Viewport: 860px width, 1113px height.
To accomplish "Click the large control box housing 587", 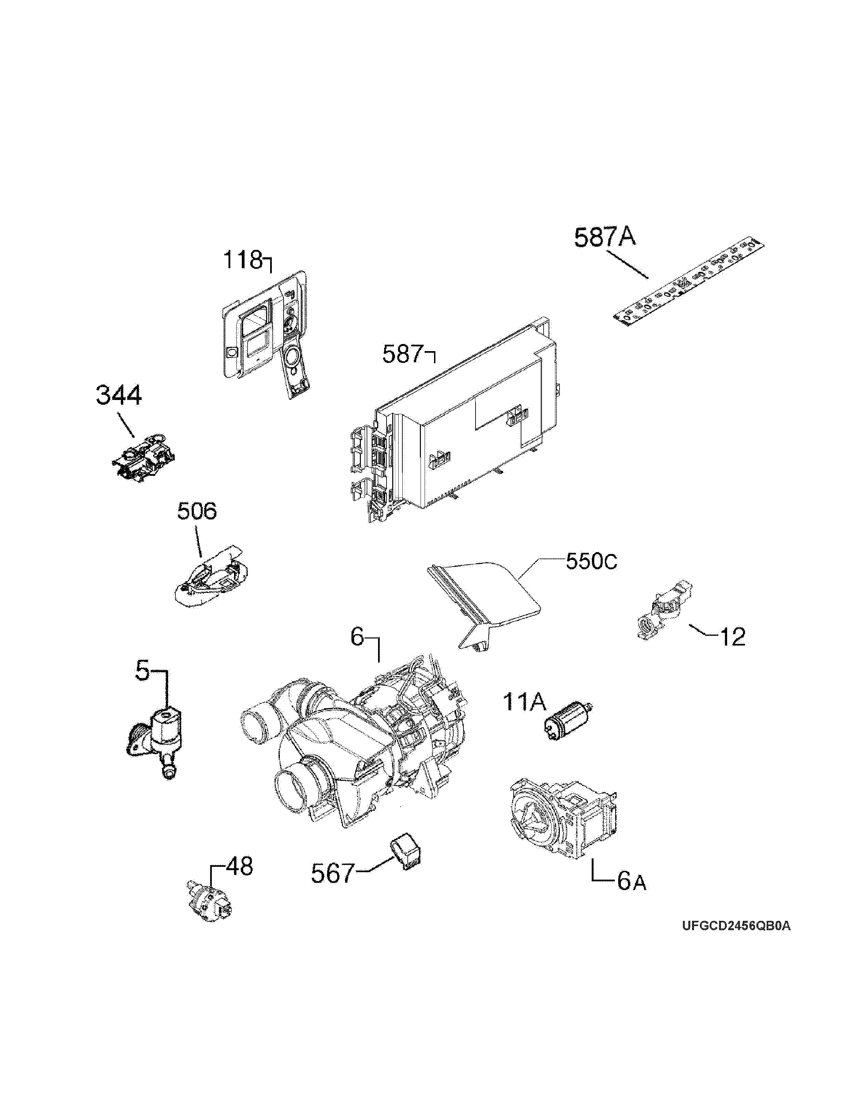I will (x=459, y=428).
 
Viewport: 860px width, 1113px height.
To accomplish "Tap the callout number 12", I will (x=732, y=637).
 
